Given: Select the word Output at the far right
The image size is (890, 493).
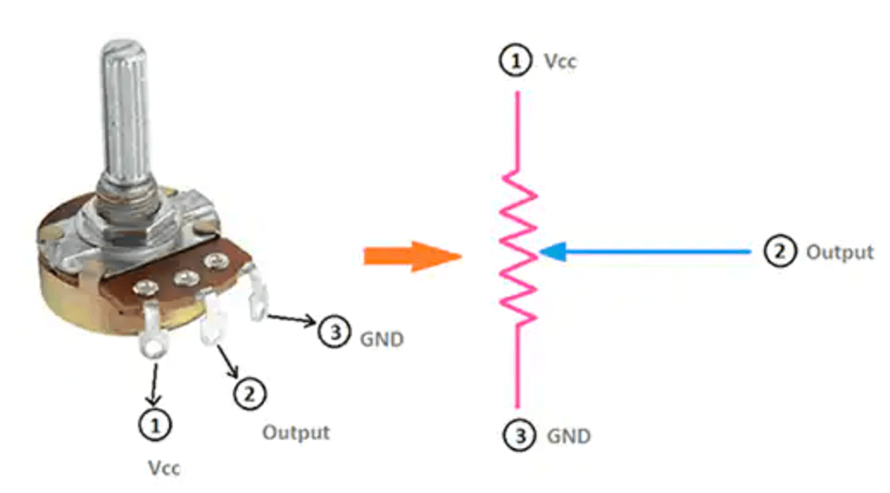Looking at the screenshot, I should [839, 252].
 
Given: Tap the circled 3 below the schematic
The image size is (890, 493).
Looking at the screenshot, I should [517, 436].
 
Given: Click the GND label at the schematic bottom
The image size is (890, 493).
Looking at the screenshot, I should [568, 436].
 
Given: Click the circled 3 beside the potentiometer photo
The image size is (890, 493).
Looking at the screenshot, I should [335, 333].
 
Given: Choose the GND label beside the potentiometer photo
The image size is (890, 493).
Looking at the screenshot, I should [381, 339].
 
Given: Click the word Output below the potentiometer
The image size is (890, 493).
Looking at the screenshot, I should [296, 431].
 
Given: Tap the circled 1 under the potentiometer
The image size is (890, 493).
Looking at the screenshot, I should [155, 424].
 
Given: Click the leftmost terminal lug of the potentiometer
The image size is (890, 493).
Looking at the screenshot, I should [154, 340].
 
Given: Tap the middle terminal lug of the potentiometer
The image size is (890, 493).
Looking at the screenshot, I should [210, 319].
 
